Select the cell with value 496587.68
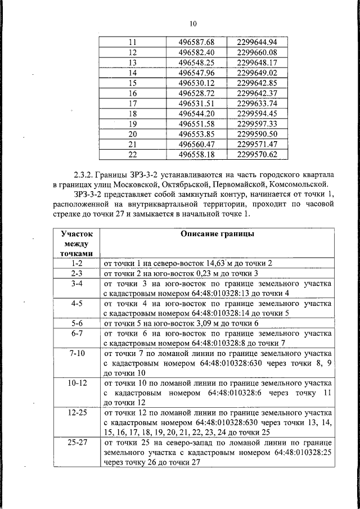(197, 43)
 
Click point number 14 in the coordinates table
(133, 73)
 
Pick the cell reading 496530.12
(197, 83)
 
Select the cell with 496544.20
(197, 113)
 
